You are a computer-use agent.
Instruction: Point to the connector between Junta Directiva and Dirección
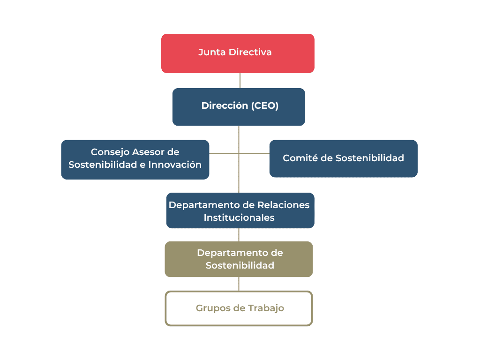tap(240, 81)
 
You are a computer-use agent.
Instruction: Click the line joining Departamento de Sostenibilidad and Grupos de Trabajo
tap(239, 284)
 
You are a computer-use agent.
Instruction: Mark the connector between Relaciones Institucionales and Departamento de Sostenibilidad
tap(239, 235)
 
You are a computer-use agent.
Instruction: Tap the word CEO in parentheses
tap(265, 106)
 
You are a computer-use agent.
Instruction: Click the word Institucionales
tap(239, 218)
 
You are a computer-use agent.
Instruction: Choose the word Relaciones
tap(284, 205)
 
